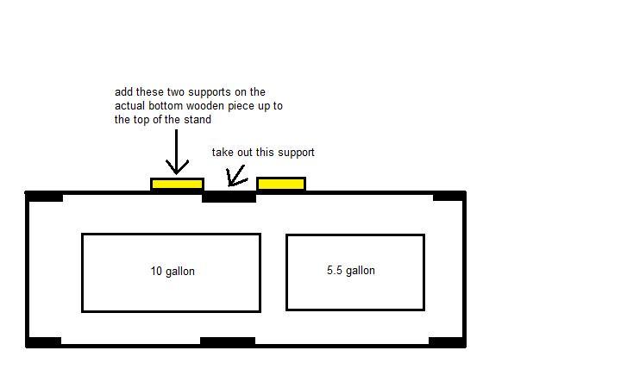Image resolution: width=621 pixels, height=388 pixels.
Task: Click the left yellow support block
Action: (x=178, y=185)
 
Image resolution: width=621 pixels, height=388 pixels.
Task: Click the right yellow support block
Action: (x=281, y=184)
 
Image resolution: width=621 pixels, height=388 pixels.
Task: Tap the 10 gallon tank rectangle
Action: (x=171, y=272)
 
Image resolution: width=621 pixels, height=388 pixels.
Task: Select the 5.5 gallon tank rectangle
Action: (x=355, y=272)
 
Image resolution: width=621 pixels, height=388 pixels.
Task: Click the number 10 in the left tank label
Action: (x=156, y=271)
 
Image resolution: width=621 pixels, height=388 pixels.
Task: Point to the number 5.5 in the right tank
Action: (x=335, y=270)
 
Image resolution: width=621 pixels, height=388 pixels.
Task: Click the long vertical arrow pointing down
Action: (x=176, y=152)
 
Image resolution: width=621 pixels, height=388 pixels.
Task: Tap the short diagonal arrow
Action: (x=236, y=177)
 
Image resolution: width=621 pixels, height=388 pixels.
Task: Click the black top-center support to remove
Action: (x=229, y=197)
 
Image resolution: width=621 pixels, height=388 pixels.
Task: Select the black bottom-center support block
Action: (x=228, y=341)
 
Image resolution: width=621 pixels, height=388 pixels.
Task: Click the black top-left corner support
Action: (x=44, y=197)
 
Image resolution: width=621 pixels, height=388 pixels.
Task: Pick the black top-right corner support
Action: (x=449, y=196)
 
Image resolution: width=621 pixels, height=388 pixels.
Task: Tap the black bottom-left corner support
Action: (x=44, y=342)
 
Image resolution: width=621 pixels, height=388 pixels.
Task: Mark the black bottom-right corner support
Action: (x=448, y=342)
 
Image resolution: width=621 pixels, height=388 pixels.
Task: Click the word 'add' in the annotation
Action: (x=123, y=92)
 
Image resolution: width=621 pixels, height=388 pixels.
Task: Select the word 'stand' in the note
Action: (x=198, y=119)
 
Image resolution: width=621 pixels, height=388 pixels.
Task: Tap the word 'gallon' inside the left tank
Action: (x=179, y=272)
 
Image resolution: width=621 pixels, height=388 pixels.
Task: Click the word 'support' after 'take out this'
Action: (x=296, y=153)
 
